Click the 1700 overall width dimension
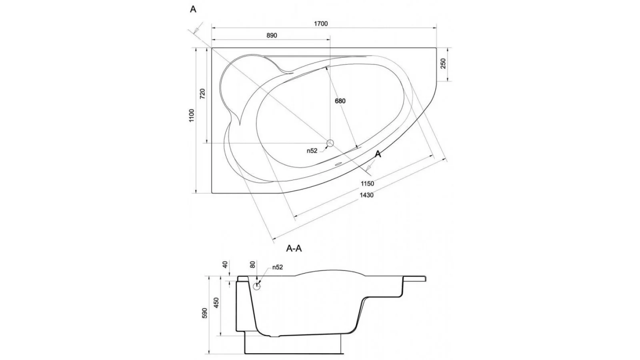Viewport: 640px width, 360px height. [321, 24]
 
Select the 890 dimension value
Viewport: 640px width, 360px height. [272, 36]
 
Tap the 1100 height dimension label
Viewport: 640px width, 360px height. [192, 116]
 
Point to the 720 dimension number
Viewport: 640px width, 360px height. [202, 94]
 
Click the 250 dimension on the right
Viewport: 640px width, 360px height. [443, 64]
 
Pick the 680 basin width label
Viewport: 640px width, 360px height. [340, 101]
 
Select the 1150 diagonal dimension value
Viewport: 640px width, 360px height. [368, 184]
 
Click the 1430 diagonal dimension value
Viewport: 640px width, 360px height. [366, 195]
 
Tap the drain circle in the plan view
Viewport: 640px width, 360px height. [330, 143]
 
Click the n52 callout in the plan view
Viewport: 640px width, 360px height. [312, 150]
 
